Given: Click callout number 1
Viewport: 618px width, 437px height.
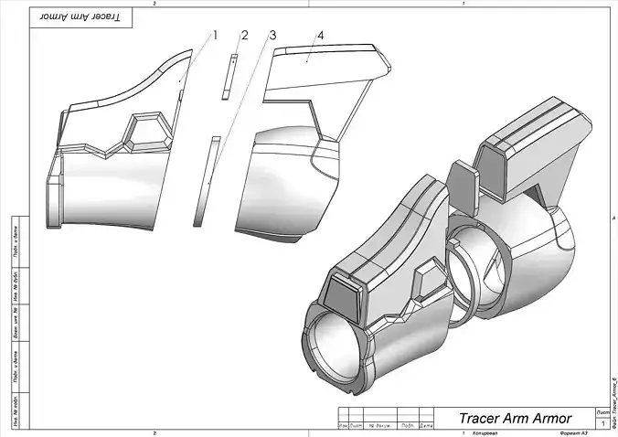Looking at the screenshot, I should pyautogui.click(x=215, y=36).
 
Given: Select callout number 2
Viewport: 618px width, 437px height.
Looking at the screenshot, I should pyautogui.click(x=244, y=36).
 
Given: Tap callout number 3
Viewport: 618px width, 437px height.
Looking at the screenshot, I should pyautogui.click(x=272, y=36).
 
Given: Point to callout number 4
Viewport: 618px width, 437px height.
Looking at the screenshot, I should pyautogui.click(x=320, y=36).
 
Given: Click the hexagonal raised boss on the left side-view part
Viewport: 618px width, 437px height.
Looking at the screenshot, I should pyautogui.click(x=148, y=133).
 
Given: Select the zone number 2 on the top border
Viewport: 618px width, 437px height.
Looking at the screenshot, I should pyautogui.click(x=154, y=4).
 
